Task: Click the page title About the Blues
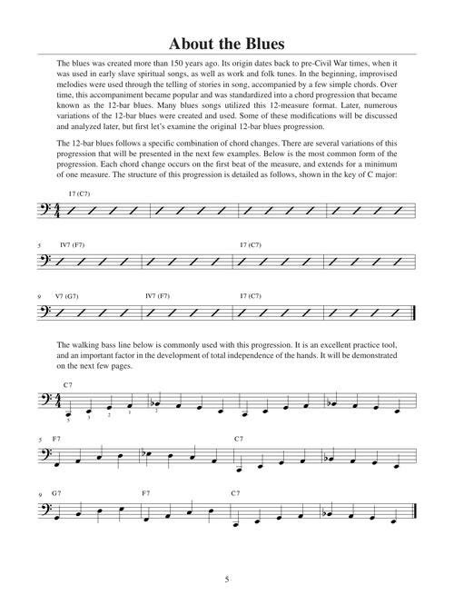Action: click(226, 45)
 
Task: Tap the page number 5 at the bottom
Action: click(226, 579)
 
